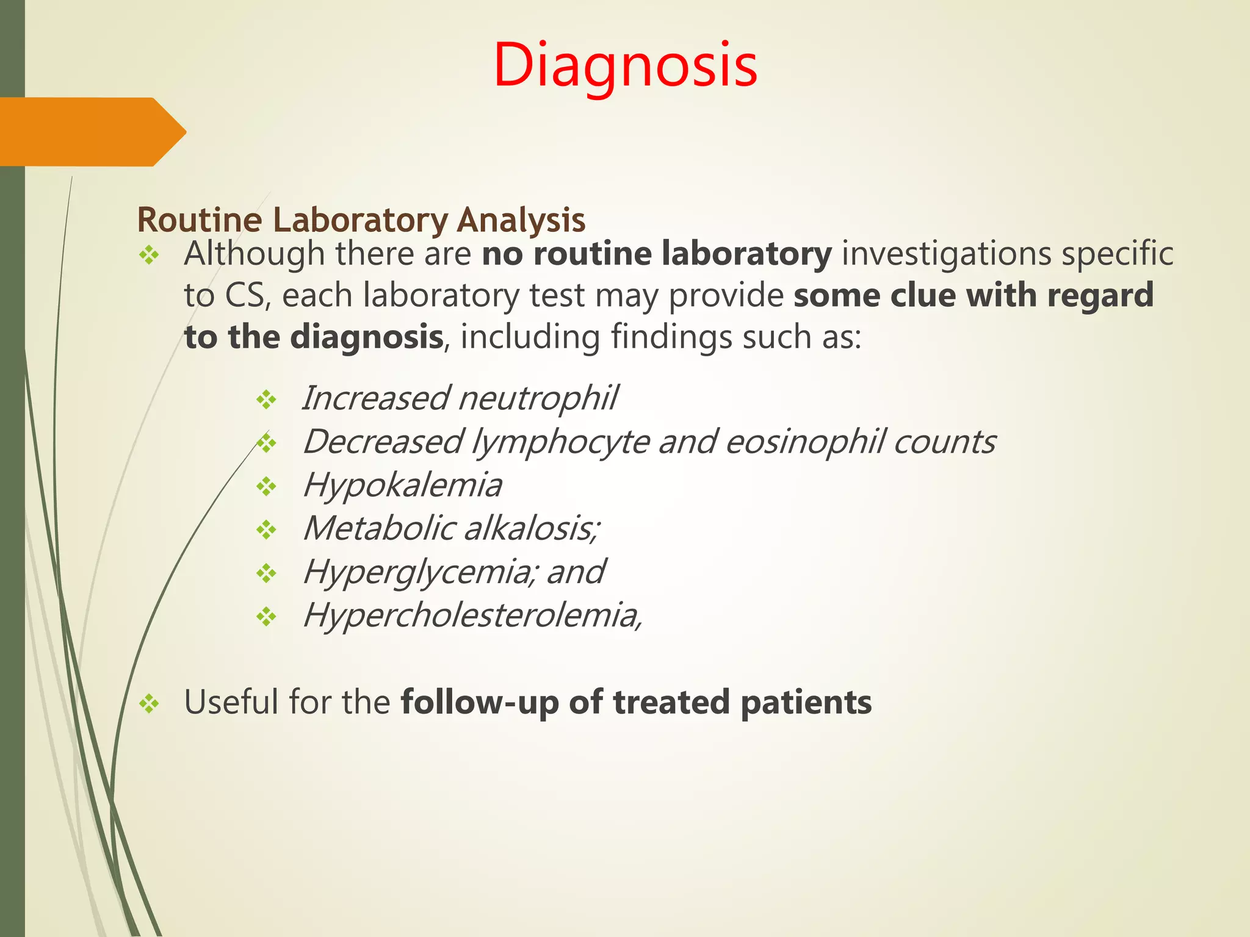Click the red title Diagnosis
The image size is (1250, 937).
(x=625, y=66)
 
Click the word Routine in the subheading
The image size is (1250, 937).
(x=199, y=220)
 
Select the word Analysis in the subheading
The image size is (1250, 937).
(x=521, y=220)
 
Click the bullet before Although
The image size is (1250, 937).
(x=148, y=255)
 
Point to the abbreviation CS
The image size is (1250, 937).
(x=245, y=296)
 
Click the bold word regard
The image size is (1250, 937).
(x=1100, y=296)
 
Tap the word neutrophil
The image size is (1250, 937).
(x=537, y=398)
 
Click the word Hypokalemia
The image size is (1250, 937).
(x=402, y=486)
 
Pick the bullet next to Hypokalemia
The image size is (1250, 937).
(x=266, y=487)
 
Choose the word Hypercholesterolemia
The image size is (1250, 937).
(x=472, y=616)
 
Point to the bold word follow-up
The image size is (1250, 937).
(x=479, y=703)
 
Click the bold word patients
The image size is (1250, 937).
(x=806, y=703)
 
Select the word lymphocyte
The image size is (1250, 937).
(x=560, y=442)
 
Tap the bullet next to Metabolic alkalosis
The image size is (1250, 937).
(x=266, y=530)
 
